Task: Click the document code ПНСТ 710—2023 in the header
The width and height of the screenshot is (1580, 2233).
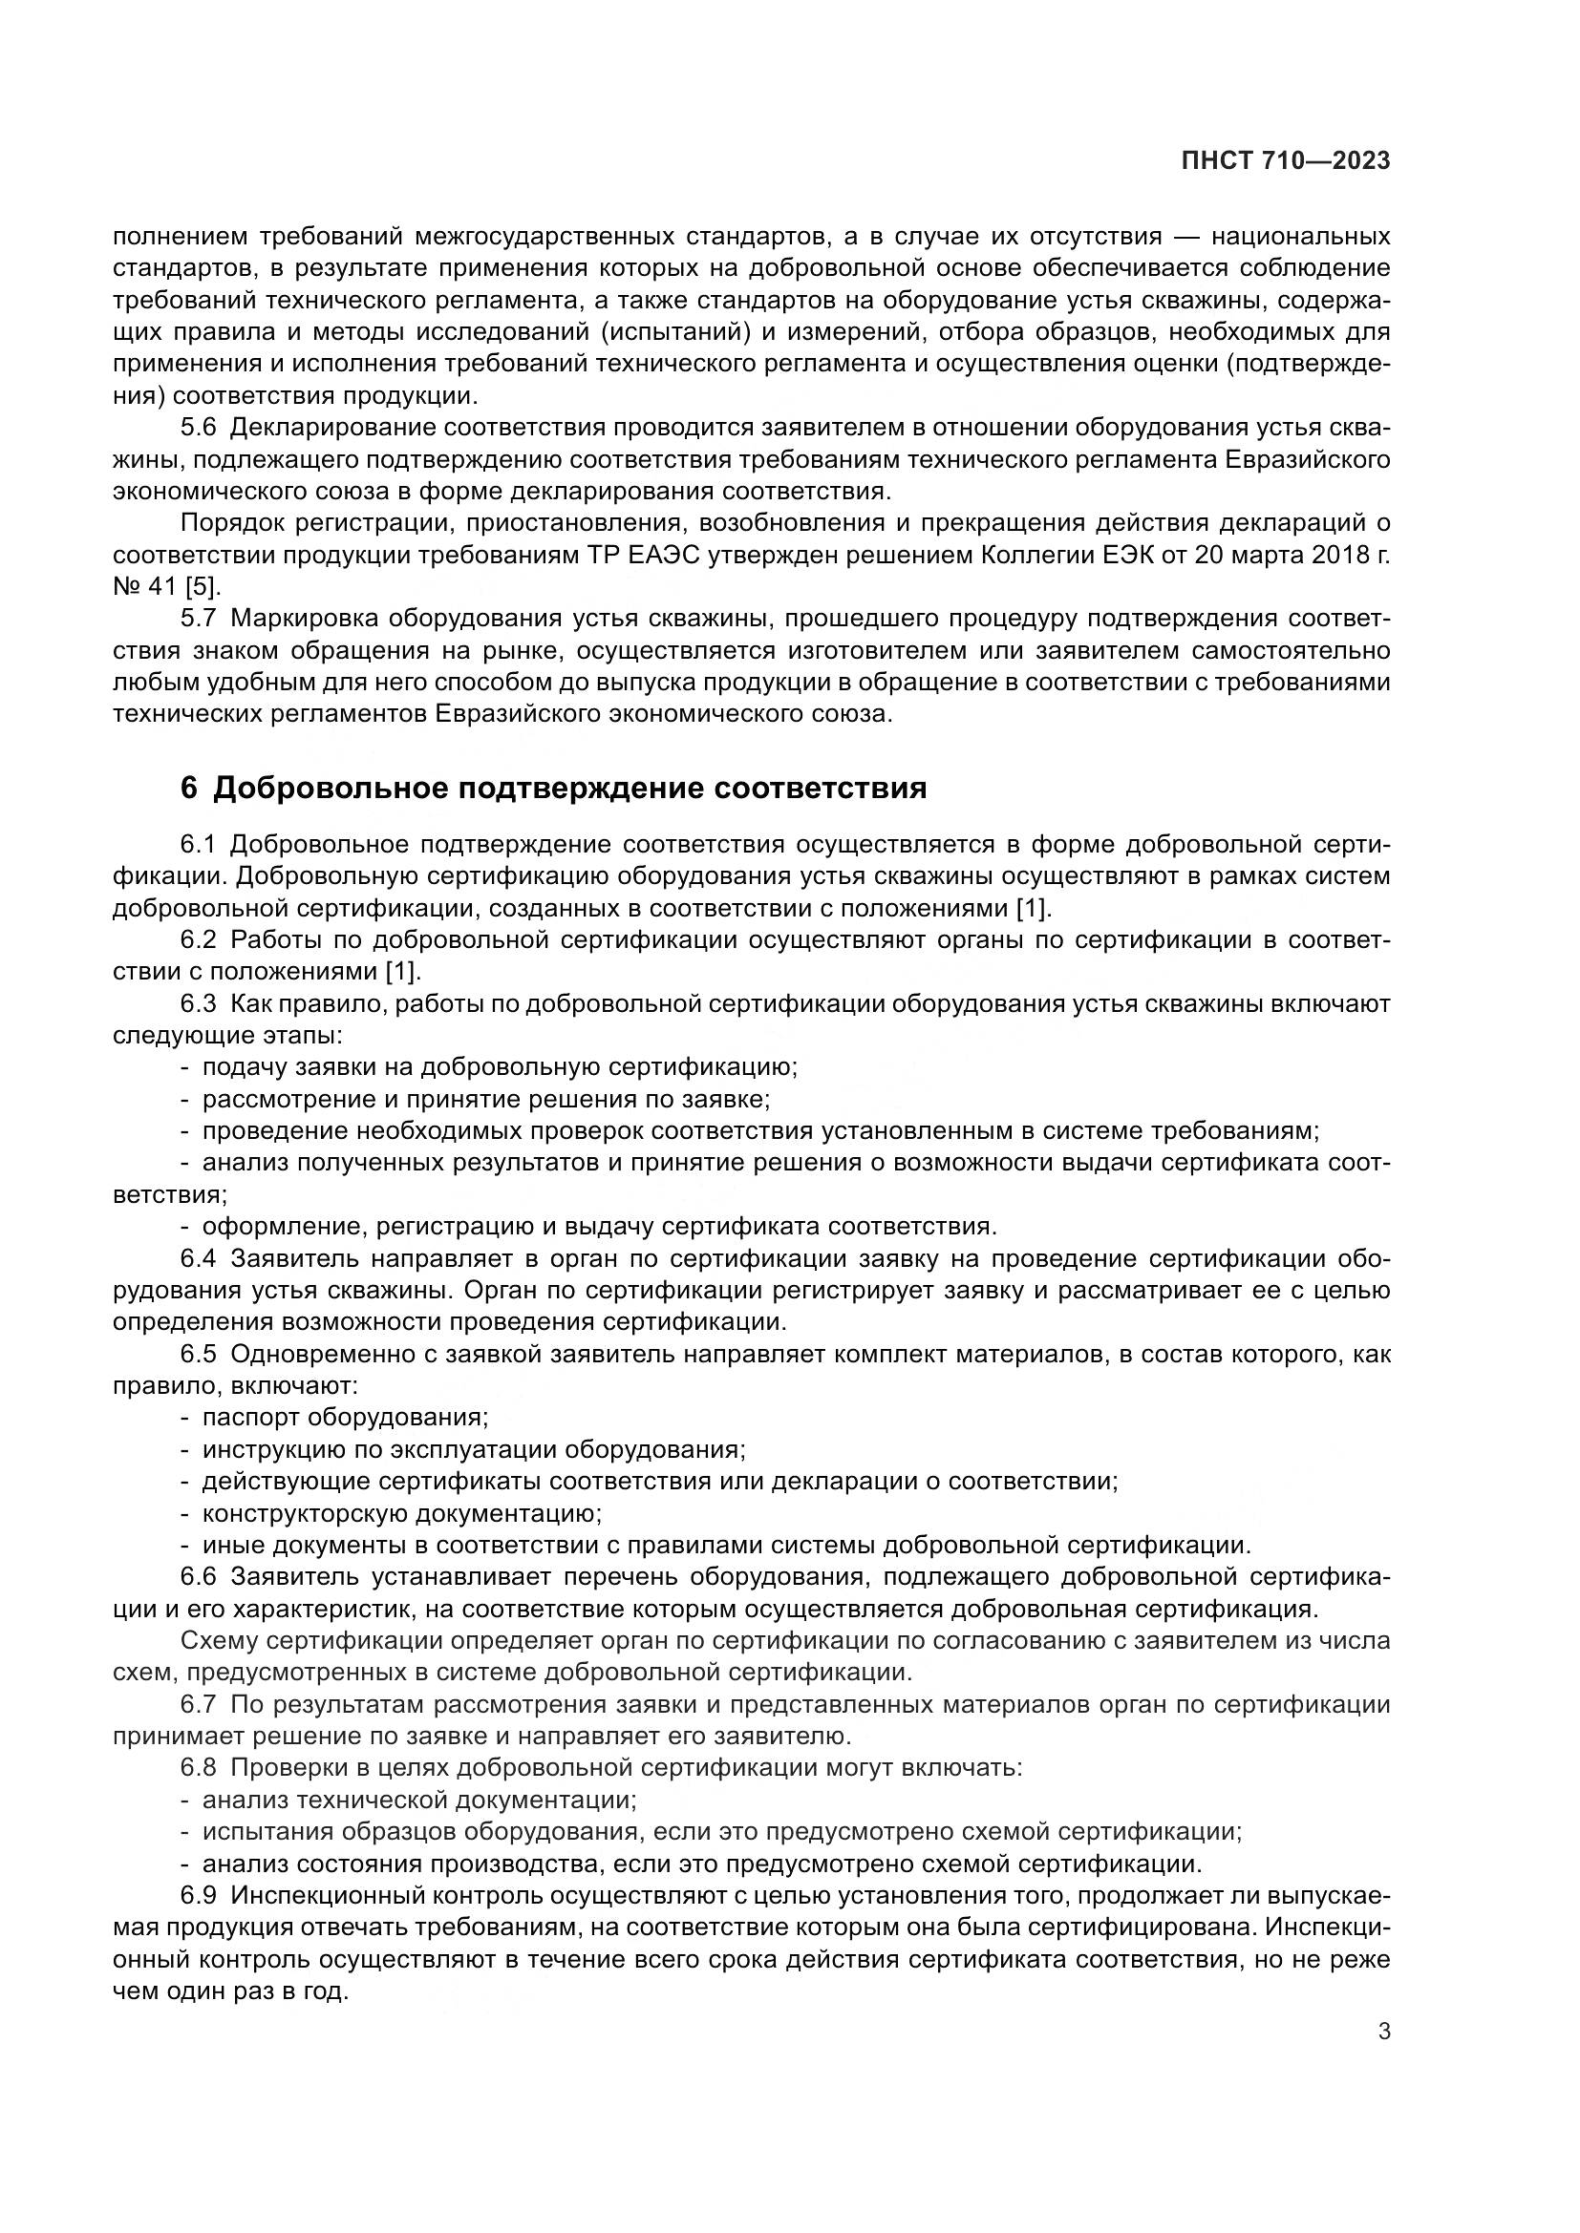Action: (1285, 161)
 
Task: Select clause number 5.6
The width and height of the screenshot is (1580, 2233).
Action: (199, 428)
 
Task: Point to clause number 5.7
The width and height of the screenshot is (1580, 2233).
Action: (199, 619)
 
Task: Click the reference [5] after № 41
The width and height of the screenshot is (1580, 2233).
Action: (203, 586)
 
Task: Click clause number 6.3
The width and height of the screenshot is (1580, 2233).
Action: (199, 1003)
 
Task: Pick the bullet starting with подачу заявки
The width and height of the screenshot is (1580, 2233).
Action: (499, 1067)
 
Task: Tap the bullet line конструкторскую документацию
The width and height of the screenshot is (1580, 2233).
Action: (402, 1513)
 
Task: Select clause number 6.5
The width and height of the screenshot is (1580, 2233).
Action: (199, 1354)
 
